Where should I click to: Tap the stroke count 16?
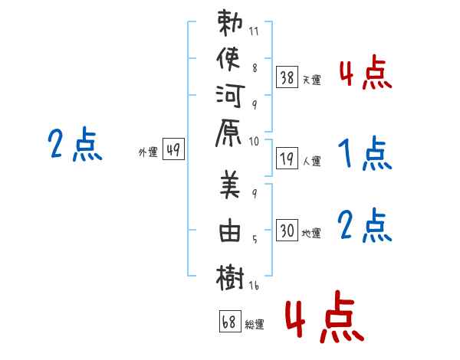click(255, 286)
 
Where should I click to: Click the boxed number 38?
click(287, 77)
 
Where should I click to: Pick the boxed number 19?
click(287, 159)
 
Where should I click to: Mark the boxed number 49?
click(173, 150)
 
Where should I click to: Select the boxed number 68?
click(229, 322)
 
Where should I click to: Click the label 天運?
click(311, 80)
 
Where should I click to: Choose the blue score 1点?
click(364, 152)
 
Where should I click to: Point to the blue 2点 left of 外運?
click(74, 144)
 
